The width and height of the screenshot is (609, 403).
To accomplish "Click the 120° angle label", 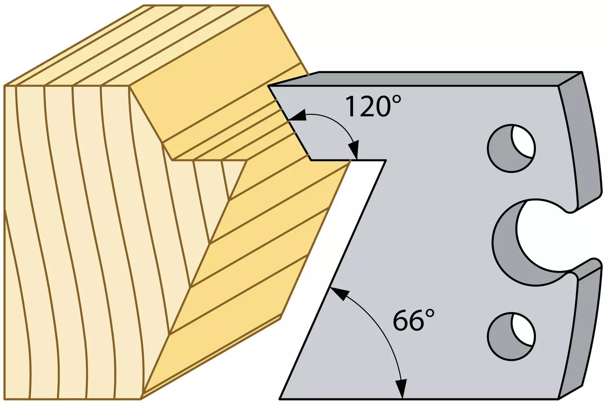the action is [x=373, y=107].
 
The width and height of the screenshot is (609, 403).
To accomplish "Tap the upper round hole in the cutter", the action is [x=512, y=148].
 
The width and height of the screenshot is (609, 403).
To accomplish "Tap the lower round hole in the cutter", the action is [x=512, y=337].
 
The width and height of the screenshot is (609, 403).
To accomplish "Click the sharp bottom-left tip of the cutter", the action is [x=280, y=399].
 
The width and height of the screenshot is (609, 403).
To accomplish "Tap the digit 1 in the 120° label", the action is [x=351, y=107].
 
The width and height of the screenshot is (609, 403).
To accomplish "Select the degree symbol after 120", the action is [x=397, y=99].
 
